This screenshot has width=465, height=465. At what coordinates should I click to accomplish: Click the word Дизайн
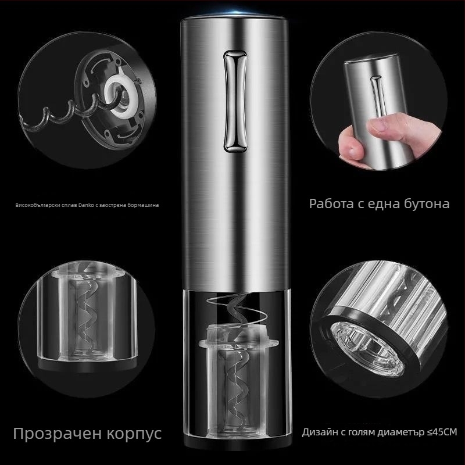[x=319, y=432]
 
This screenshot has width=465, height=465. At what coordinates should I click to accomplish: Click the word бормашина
[x=143, y=205]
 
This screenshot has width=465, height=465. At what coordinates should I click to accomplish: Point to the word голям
[x=362, y=433]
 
